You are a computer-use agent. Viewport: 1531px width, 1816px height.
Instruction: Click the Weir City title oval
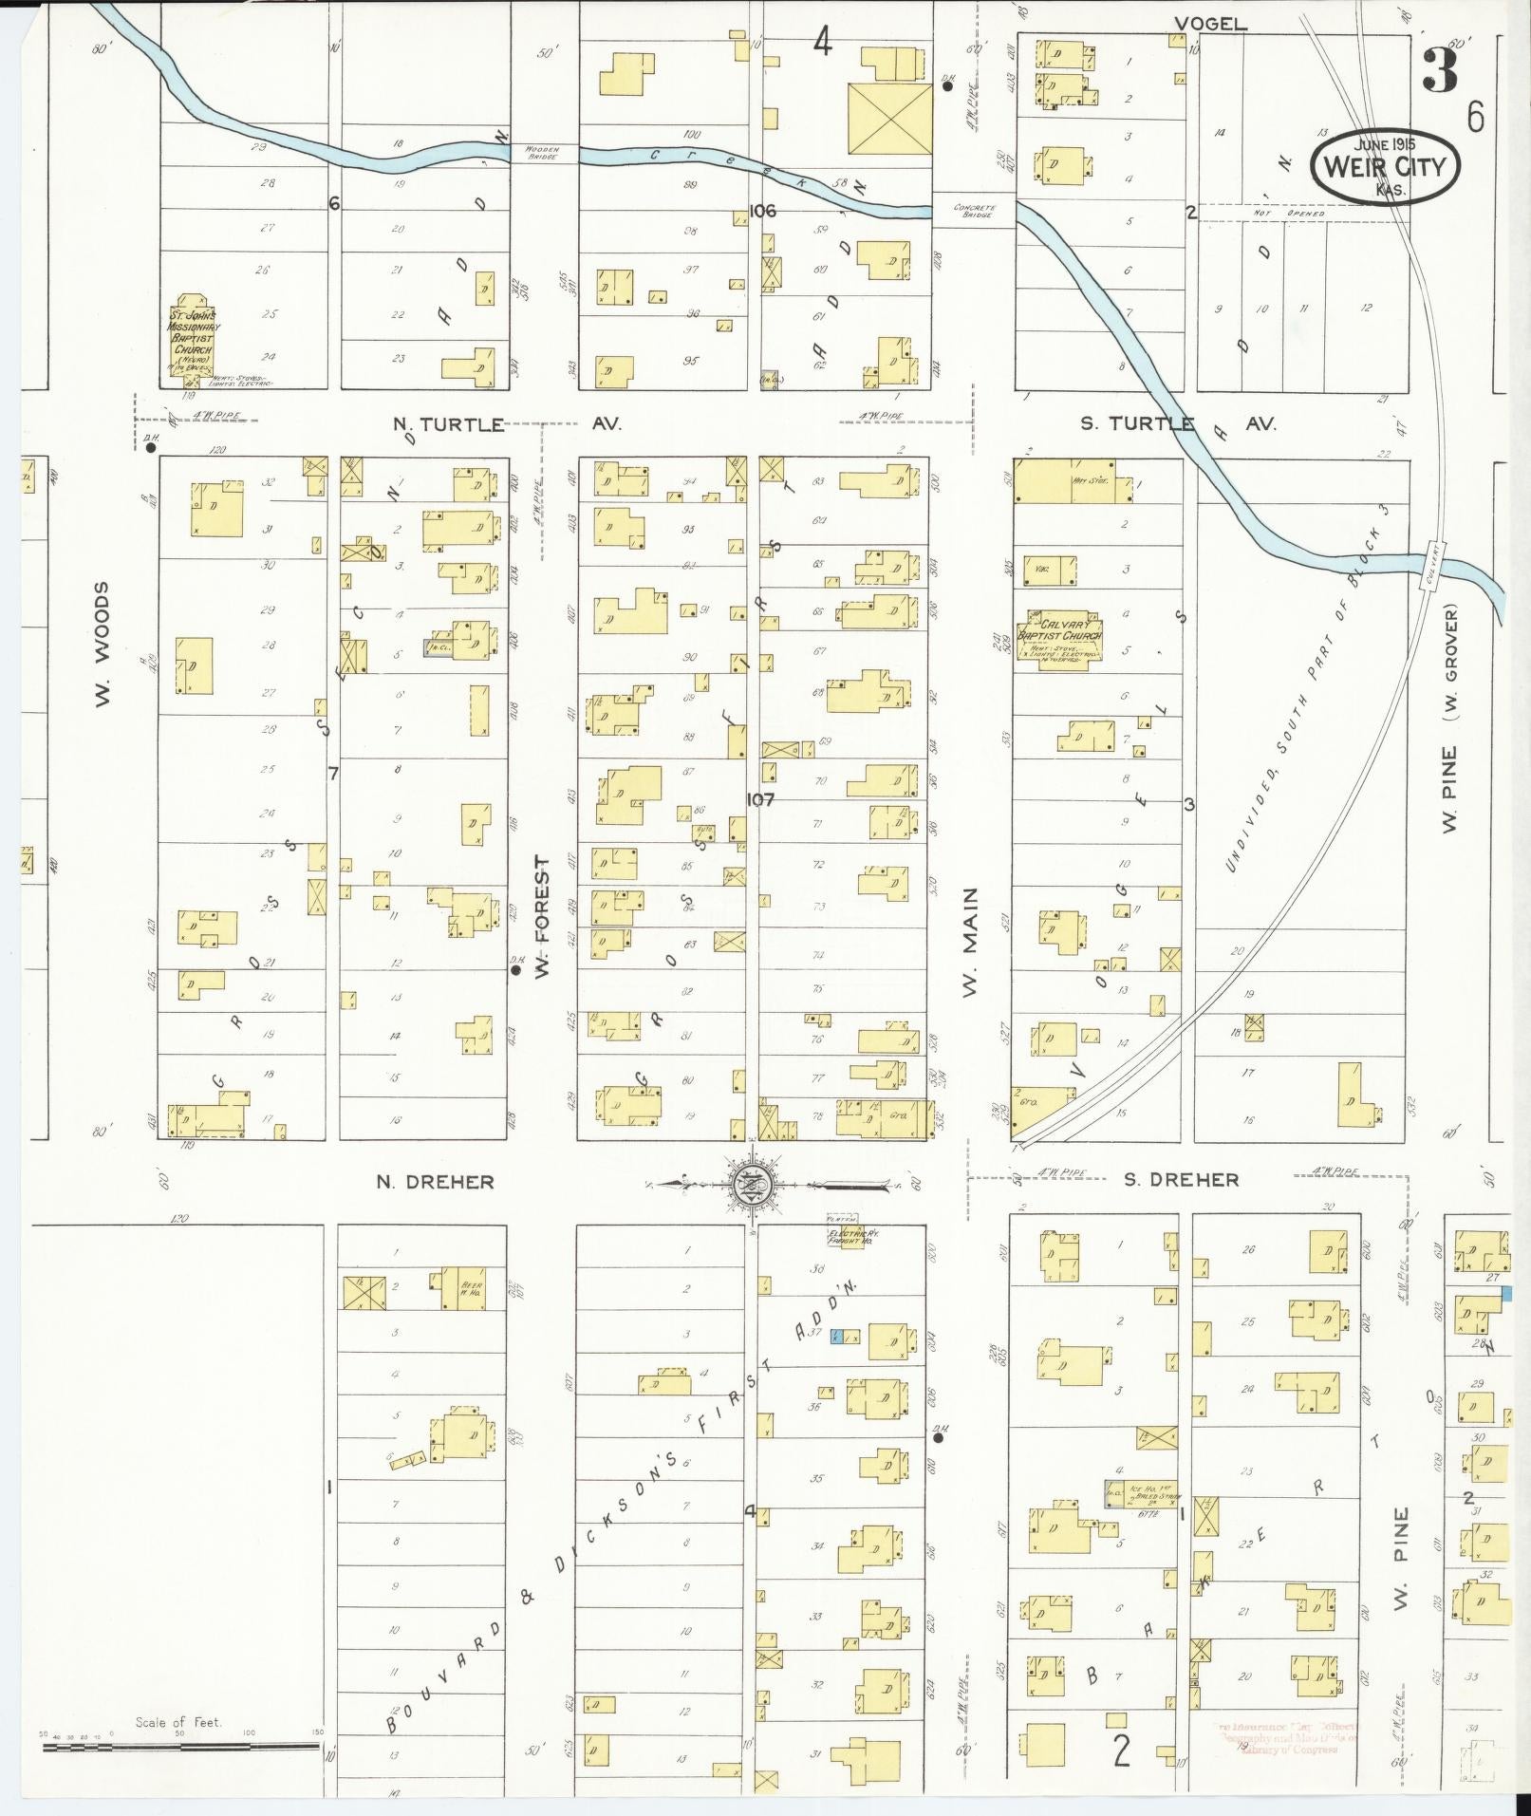(1385, 166)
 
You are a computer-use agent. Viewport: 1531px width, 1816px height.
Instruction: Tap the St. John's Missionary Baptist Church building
(193, 338)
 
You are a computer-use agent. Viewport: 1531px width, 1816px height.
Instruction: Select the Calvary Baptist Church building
(1060, 643)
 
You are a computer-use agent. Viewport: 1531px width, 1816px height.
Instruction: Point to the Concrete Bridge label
(973, 211)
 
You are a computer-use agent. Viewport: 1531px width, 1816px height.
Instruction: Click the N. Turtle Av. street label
(449, 424)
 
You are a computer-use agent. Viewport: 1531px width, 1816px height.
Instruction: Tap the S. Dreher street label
(1181, 1180)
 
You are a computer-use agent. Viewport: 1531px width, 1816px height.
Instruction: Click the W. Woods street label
(103, 645)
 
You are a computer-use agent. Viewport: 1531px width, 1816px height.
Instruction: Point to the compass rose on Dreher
(751, 1182)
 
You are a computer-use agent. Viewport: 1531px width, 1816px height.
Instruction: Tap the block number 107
(759, 799)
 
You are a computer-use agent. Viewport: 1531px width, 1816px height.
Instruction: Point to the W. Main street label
(970, 942)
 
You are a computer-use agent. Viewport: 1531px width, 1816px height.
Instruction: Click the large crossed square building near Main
(889, 118)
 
